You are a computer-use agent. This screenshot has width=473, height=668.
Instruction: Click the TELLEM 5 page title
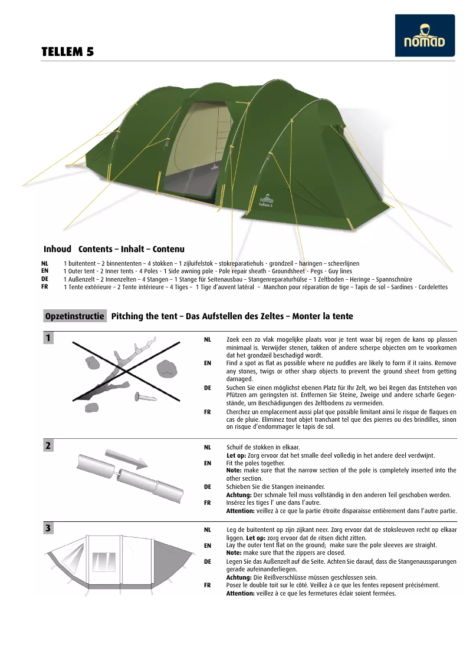coord(67,52)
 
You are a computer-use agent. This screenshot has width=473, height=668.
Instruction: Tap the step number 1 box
coord(48,338)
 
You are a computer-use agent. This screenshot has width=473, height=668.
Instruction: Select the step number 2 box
coord(48,446)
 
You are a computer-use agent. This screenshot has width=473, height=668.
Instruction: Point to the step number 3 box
coord(48,528)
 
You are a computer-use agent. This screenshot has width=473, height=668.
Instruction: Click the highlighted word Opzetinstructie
coord(75,316)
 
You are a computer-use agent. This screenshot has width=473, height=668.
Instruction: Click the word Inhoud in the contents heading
coord(57,249)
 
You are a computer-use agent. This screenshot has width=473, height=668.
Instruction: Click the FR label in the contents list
coord(45,287)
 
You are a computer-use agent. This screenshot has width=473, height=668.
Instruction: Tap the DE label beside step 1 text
coord(208,388)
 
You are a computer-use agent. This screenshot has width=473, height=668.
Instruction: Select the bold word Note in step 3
coord(234,553)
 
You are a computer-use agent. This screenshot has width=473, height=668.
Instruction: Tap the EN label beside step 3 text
coord(208,545)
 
